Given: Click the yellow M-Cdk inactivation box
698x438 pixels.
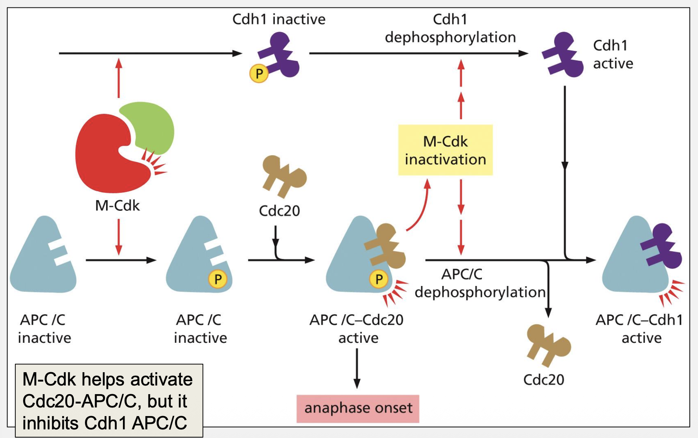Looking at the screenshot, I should [445, 150].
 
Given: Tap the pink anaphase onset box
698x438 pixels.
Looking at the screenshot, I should [358, 409].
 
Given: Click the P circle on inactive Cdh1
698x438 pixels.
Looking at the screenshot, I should [259, 73].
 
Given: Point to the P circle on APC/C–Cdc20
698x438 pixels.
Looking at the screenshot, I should [379, 279].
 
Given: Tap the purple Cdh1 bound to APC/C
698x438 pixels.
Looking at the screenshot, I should [662, 247].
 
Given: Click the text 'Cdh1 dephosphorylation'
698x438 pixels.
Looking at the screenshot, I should [450, 28].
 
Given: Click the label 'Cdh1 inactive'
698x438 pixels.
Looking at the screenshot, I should [279, 19].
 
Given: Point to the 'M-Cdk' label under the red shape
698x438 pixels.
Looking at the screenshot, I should [117, 205].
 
